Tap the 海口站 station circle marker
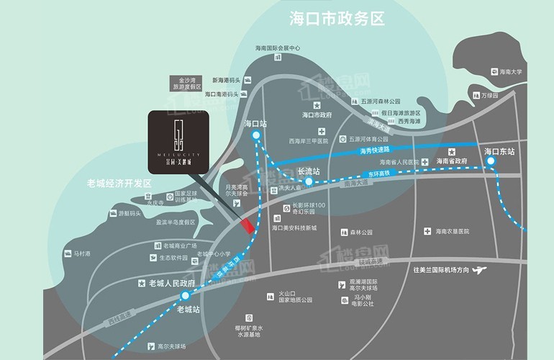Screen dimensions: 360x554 [256, 135]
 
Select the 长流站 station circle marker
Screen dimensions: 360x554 [308, 182]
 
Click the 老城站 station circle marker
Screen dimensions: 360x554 [186, 295]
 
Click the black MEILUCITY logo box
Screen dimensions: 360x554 [179, 139]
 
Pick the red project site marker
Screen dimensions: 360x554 [248, 227]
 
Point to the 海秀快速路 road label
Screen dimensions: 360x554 [374, 149]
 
